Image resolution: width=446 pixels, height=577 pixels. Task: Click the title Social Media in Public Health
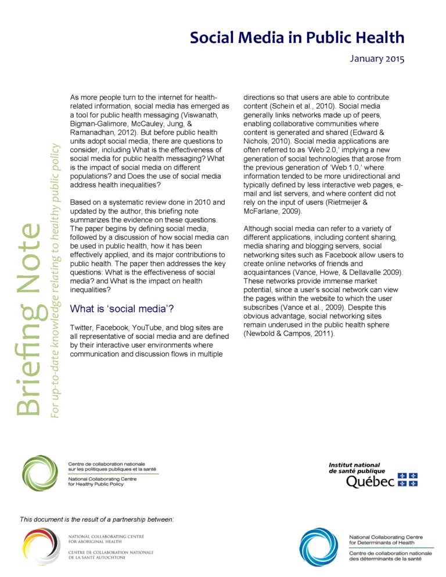tap(297, 38)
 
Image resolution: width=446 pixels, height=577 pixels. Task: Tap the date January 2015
tap(377, 59)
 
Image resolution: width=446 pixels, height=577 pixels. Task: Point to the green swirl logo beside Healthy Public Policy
tap(39, 473)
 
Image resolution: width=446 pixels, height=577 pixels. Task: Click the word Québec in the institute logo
tap(370, 482)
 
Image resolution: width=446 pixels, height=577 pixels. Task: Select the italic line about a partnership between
tap(97, 517)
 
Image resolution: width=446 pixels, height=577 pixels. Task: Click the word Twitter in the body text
tap(80, 328)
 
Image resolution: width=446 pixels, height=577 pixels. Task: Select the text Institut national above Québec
tap(354, 465)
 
